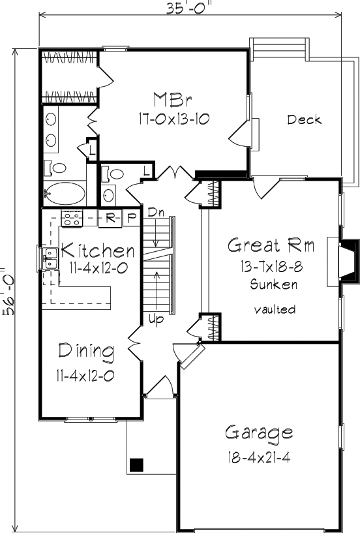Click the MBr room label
point(173,100)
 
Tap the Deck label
point(305,119)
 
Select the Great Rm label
point(271,245)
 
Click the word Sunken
point(274,284)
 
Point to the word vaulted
point(275,309)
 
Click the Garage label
point(259,433)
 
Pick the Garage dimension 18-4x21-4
point(259,458)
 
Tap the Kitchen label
point(98,250)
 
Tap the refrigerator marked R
point(110,219)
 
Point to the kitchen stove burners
point(72,219)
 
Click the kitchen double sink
point(50,258)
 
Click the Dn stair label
point(156,213)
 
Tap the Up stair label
point(156,319)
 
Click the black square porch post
point(137,464)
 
